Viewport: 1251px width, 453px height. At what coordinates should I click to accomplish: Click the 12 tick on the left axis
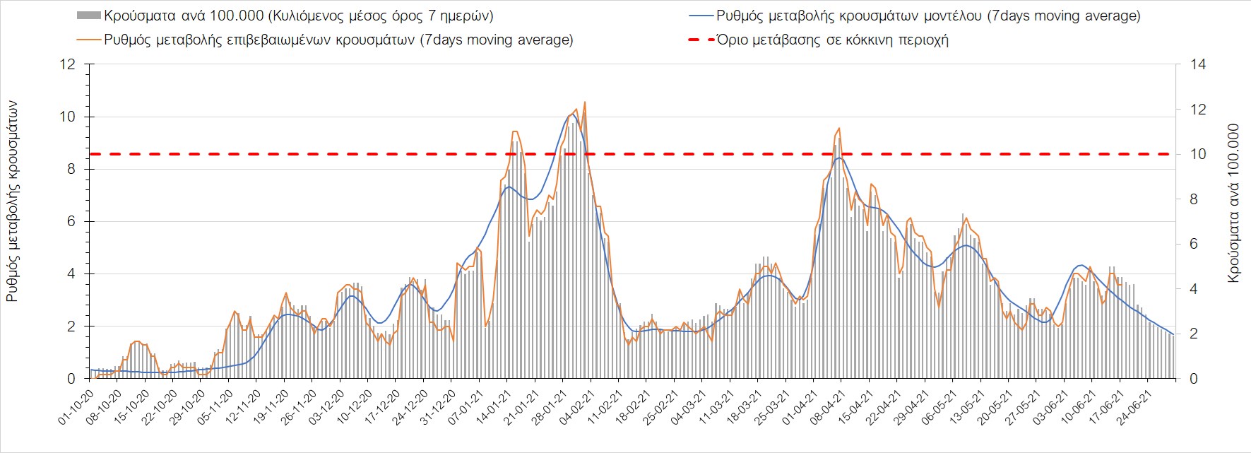[68, 64]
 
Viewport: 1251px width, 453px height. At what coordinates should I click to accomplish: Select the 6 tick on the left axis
[71, 222]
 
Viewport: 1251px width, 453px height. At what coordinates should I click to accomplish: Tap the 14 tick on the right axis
[1199, 64]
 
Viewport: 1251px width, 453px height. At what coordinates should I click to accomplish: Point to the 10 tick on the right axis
[1199, 154]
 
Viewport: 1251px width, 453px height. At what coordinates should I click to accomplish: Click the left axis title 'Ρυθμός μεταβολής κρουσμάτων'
[13, 201]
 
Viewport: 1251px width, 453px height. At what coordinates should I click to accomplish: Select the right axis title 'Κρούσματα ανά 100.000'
[1234, 204]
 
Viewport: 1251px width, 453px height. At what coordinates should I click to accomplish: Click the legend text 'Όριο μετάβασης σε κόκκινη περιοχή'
[832, 40]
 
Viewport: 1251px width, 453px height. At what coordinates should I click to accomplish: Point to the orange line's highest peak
[585, 102]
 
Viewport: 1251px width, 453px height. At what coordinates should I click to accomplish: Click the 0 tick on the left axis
[71, 379]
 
